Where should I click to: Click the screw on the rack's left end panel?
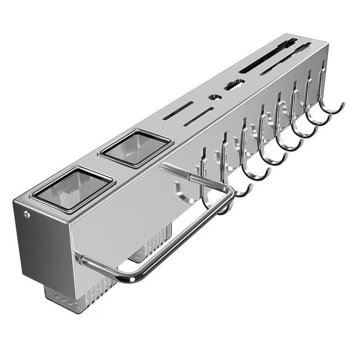[27, 215]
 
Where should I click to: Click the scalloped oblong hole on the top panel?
[234, 84]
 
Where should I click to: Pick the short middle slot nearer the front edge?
[198, 117]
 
